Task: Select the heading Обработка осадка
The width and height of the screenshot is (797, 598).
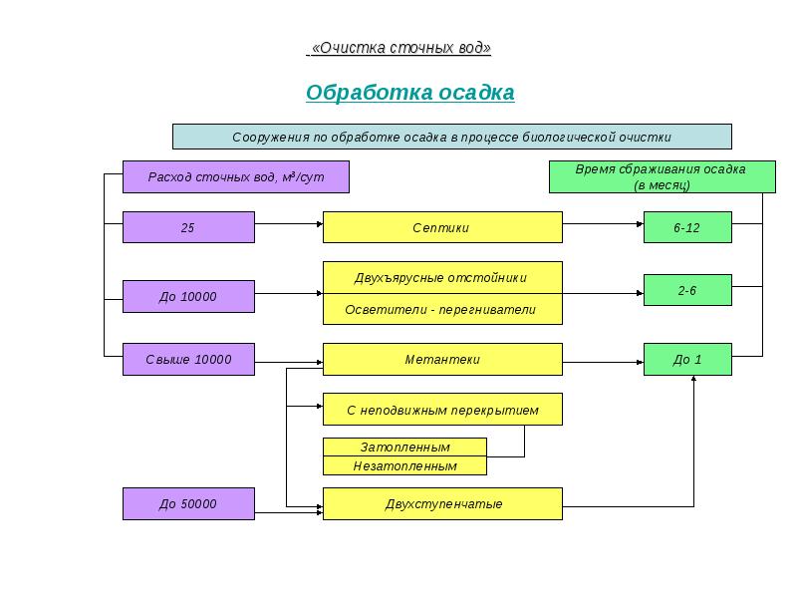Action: pos(409,93)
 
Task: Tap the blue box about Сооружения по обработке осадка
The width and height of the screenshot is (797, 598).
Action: pos(451,137)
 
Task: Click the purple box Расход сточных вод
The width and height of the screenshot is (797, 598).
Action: pos(236,176)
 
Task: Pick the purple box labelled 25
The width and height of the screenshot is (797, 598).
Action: pos(188,227)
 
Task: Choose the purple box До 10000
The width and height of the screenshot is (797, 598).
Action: pos(188,296)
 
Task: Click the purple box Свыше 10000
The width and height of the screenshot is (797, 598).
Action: pos(188,359)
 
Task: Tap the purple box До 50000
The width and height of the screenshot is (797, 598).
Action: pos(188,503)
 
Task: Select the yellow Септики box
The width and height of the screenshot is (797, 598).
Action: pos(441,227)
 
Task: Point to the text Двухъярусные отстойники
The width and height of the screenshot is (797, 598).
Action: pos(441,277)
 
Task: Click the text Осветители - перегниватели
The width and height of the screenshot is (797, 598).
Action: pos(441,309)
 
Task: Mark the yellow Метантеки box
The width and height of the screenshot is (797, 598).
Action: pos(441,359)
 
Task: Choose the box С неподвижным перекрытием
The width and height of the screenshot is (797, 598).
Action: pos(441,410)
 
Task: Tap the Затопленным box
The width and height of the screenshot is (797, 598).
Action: pos(404,448)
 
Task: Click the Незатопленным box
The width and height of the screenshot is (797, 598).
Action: pos(404,465)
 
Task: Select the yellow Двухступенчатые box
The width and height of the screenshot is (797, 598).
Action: pos(441,503)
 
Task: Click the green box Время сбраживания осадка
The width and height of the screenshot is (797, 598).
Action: pos(662,176)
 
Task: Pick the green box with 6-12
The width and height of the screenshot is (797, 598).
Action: pos(687,227)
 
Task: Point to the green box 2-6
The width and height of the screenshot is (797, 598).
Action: pos(687,290)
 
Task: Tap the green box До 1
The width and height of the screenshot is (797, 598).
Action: pos(687,359)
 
